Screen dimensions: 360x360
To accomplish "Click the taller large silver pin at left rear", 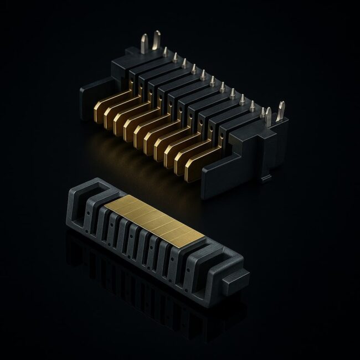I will pos(157,42).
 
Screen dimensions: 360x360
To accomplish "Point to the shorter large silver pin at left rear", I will pos(144,44).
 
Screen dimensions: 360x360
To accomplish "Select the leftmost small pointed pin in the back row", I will pos(166,51).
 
